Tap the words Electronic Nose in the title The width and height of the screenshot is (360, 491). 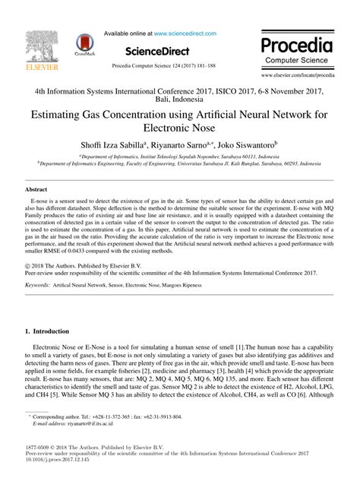[180, 130]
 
